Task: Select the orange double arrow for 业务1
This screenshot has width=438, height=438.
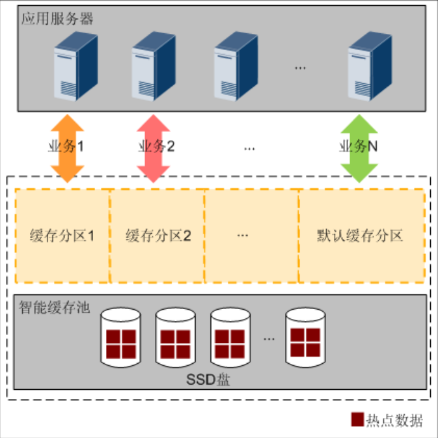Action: point(67,147)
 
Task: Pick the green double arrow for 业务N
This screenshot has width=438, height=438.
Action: point(360,147)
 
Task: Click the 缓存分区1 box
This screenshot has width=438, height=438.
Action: point(62,235)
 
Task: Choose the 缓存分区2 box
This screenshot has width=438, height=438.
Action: point(157,235)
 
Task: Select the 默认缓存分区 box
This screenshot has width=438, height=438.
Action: point(361,235)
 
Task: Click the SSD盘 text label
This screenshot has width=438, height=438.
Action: point(205,378)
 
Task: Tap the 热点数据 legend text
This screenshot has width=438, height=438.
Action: point(394,420)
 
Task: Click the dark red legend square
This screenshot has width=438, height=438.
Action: point(357,420)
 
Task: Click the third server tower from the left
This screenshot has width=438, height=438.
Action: point(235,67)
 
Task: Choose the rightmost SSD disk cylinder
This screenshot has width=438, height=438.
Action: point(305,337)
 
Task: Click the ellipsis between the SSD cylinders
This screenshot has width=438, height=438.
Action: point(269,338)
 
